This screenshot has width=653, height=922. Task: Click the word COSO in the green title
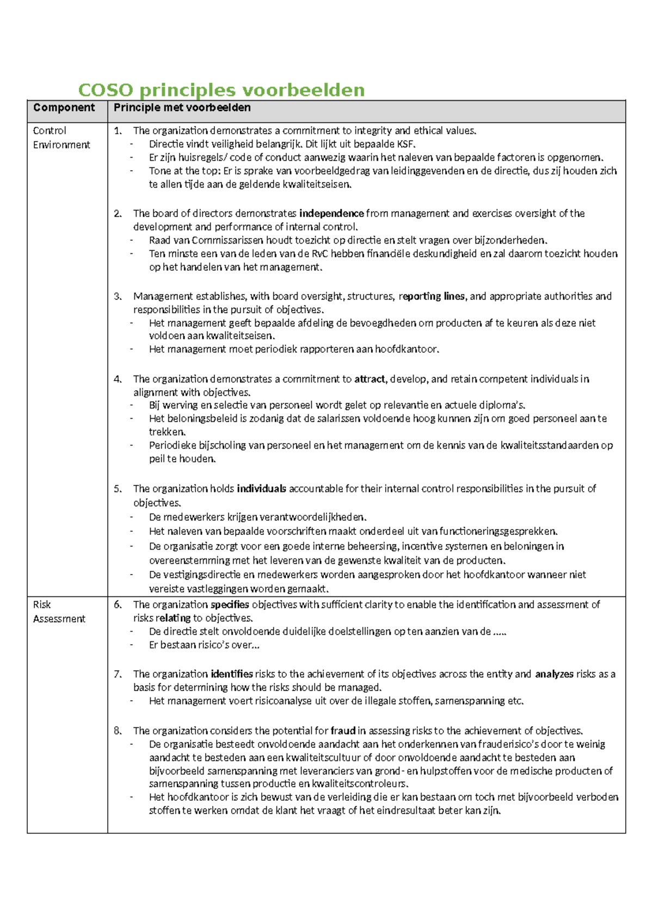coord(105,90)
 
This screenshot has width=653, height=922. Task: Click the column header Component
coord(64,108)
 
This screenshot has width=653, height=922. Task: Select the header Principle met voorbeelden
coord(182,108)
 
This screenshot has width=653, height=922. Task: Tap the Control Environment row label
coord(61,138)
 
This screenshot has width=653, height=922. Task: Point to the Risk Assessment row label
coord(59,612)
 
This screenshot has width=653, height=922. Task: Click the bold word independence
coord(331,214)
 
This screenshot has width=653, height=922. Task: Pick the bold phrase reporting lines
coord(432,296)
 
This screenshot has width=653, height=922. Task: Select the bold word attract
coord(369,379)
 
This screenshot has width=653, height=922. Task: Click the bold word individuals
coord(261,489)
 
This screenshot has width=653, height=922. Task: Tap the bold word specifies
coord(230,605)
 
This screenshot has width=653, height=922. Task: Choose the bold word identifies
coord(231,674)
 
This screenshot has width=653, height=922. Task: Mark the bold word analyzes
coord(554,674)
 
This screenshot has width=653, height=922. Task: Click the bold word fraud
coord(343,731)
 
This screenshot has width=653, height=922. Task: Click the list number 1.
coord(118,130)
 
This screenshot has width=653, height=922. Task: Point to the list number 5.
coord(118,489)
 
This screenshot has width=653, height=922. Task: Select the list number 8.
coord(118,731)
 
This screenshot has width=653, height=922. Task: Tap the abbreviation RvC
coord(319,254)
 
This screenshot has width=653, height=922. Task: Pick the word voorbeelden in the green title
coord(303,90)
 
